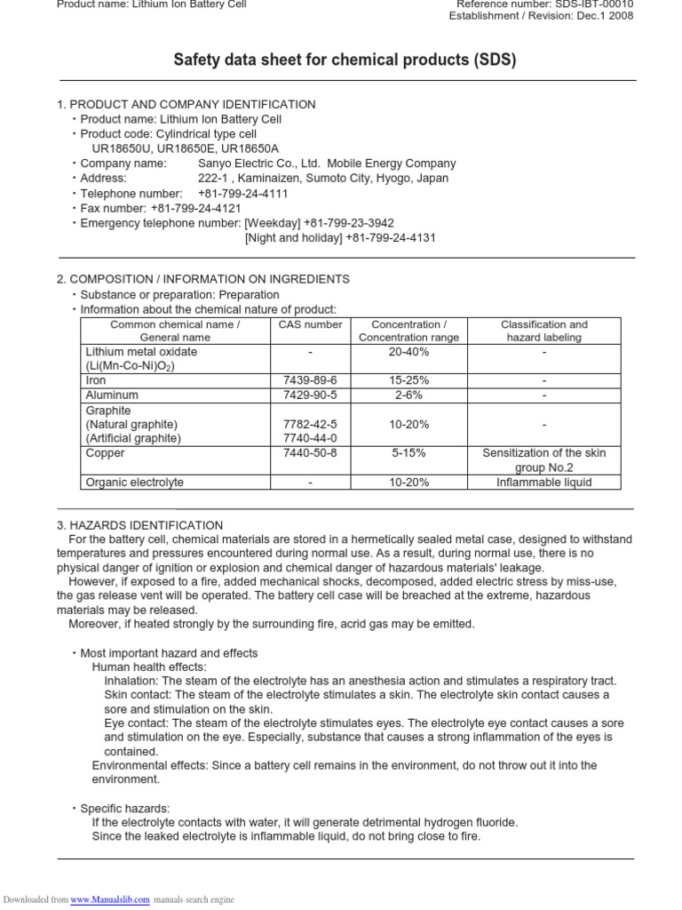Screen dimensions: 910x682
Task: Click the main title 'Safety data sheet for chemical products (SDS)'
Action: pyautogui.click(x=344, y=60)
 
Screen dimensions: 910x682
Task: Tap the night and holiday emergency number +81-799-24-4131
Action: pyautogui.click(x=391, y=238)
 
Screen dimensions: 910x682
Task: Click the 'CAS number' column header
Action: pyautogui.click(x=310, y=324)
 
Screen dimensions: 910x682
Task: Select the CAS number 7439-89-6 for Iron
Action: pyautogui.click(x=309, y=379)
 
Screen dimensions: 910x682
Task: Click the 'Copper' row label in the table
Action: pyautogui.click(x=105, y=453)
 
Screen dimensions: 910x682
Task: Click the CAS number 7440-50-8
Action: pyautogui.click(x=309, y=453)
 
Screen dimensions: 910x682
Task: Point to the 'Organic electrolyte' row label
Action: pyautogui.click(x=134, y=483)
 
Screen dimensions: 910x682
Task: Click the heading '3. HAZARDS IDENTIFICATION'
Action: pyautogui.click(x=139, y=525)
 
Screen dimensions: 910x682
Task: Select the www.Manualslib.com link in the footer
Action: pyautogui.click(x=106, y=899)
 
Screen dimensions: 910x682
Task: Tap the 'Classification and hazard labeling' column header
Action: pyautogui.click(x=543, y=331)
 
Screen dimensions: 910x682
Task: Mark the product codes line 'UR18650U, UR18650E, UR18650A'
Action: pyautogui.click(x=185, y=148)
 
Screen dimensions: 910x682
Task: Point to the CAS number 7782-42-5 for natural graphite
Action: pyautogui.click(x=309, y=424)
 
